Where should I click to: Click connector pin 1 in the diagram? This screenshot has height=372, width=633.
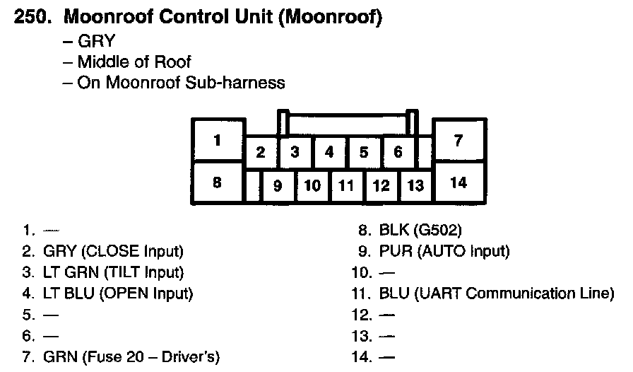[218, 140]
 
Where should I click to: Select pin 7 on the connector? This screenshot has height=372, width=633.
[459, 140]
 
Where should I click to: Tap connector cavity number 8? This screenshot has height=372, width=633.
[218, 183]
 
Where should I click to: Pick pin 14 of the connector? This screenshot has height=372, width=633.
[459, 183]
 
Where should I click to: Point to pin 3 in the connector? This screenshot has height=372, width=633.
[295, 152]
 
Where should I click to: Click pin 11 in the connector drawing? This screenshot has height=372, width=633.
[346, 186]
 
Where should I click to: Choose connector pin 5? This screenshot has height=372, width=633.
[364, 152]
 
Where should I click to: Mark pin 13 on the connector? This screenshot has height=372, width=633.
[416, 186]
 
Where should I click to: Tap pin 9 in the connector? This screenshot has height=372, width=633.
[278, 186]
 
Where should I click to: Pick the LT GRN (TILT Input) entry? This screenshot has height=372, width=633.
[113, 272]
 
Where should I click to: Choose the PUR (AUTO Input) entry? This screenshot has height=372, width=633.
[444, 250]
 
